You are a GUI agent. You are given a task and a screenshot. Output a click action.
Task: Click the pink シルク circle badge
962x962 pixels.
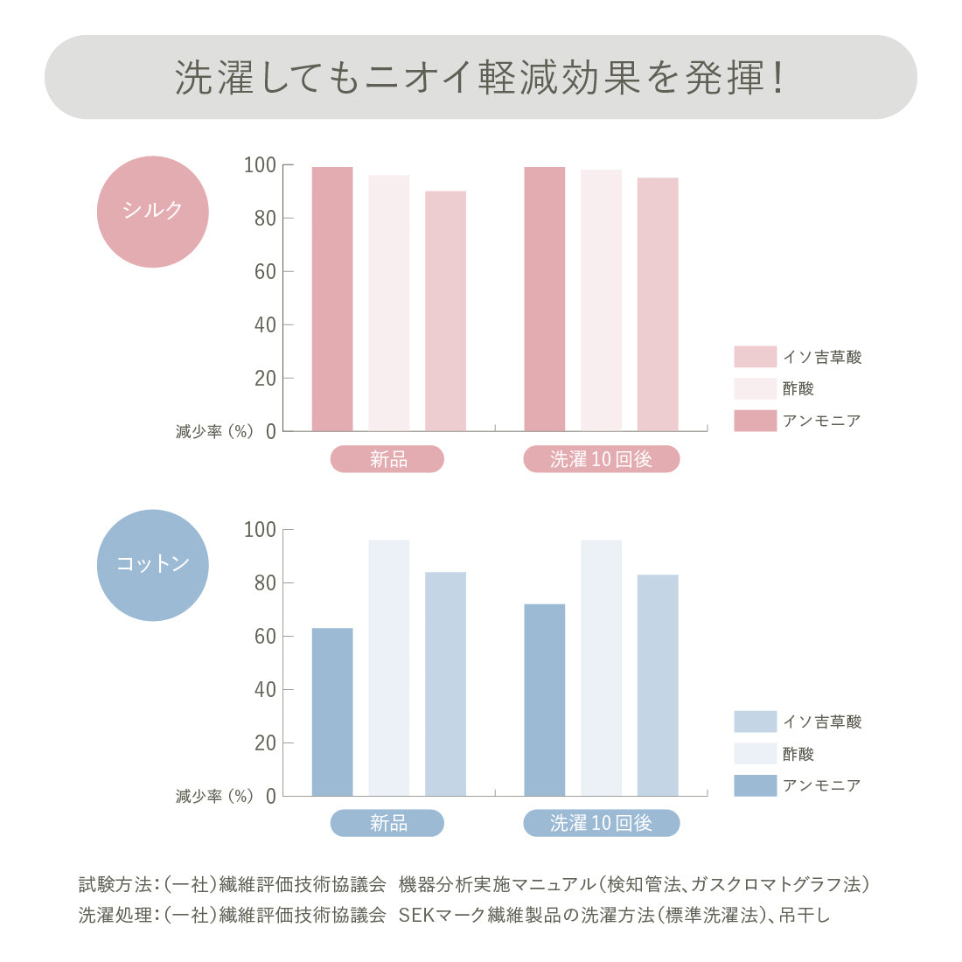pyautogui.click(x=153, y=211)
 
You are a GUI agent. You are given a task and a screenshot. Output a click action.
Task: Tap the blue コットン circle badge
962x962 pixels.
pyautogui.click(x=153, y=565)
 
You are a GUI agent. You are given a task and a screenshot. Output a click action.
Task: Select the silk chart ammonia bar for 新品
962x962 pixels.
pyautogui.click(x=332, y=299)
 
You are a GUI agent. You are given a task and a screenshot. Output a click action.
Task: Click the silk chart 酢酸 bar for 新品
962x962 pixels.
pyautogui.click(x=388, y=303)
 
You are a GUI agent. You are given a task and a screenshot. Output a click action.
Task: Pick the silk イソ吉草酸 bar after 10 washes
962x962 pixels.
pyautogui.click(x=658, y=304)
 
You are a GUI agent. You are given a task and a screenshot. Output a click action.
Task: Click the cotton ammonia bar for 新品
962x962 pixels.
pyautogui.click(x=332, y=712)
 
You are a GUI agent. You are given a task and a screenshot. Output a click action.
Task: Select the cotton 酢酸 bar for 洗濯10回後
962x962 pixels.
pyautogui.click(x=601, y=668)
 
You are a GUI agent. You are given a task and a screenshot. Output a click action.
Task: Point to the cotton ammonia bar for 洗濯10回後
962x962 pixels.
pyautogui.click(x=545, y=700)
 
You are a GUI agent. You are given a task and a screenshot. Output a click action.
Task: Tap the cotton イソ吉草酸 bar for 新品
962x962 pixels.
pyautogui.click(x=445, y=684)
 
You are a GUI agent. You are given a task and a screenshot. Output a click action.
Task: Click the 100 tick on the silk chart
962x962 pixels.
pyautogui.click(x=260, y=165)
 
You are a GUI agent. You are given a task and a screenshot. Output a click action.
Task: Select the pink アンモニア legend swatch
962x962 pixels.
pyautogui.click(x=755, y=421)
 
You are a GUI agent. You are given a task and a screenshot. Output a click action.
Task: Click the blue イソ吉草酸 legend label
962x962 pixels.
pyautogui.click(x=822, y=721)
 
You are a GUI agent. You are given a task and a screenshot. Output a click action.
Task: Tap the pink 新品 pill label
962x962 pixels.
pyautogui.click(x=387, y=459)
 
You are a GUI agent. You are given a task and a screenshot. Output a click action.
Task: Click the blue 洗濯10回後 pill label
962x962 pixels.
pyautogui.click(x=601, y=823)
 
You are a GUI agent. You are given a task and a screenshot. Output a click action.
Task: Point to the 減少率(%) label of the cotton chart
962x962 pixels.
pyautogui.click(x=214, y=796)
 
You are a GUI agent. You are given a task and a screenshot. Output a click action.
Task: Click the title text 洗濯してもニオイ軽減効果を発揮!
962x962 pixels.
pyautogui.click(x=480, y=78)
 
